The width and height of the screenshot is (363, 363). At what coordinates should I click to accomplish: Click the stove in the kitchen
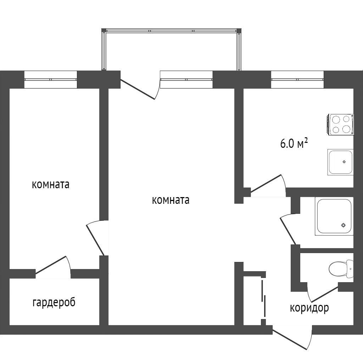[340, 124]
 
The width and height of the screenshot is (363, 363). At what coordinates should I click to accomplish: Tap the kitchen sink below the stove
[340, 162]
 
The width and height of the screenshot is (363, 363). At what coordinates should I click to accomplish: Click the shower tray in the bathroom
[334, 216]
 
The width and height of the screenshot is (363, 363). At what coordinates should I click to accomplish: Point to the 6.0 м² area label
[294, 143]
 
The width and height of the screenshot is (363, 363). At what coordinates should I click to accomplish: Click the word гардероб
[54, 303]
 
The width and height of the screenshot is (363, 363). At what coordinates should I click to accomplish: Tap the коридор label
[309, 308]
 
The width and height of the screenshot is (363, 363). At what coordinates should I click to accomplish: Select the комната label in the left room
[50, 185]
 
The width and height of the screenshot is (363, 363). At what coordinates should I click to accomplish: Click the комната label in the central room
[171, 200]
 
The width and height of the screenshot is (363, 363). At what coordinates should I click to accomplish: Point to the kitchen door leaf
[266, 184]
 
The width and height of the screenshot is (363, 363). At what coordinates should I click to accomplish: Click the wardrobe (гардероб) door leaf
[51, 265]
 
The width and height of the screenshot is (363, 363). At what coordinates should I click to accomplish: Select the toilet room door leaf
[324, 294]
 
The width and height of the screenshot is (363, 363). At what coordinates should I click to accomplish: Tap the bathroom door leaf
[288, 231]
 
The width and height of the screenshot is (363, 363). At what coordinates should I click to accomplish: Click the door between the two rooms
[94, 240]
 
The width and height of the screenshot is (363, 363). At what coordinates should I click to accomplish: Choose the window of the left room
[51, 79]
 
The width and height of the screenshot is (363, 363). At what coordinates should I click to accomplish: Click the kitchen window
[297, 79]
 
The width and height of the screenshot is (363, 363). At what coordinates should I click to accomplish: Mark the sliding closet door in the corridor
[264, 298]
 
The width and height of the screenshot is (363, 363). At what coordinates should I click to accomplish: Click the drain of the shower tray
[343, 225]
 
